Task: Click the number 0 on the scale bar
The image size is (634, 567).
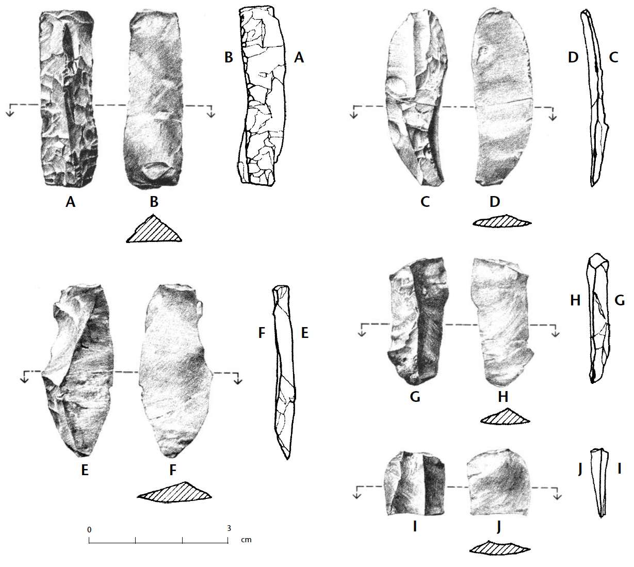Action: point(89,530)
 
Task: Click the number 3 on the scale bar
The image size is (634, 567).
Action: point(229,528)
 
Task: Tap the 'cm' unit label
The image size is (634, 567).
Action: point(246,540)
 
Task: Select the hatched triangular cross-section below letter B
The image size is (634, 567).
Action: point(154,229)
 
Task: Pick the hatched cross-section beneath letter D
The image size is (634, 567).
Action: point(502,221)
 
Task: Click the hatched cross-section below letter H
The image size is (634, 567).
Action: point(505,416)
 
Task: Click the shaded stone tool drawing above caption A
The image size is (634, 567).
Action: point(68,99)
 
